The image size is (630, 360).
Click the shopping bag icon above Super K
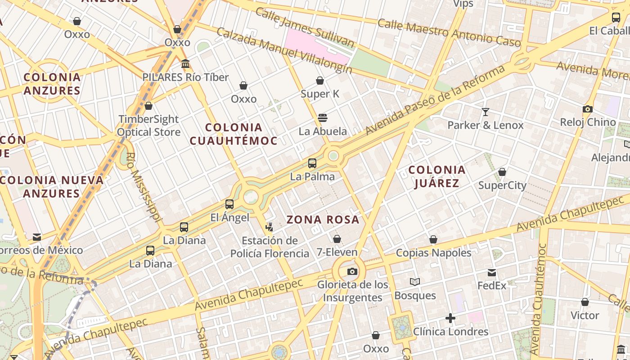(x=320, y=81)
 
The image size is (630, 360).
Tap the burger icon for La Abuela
(x=322, y=118)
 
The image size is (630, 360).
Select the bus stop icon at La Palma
(x=312, y=163)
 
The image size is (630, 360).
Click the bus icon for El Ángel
(x=229, y=204)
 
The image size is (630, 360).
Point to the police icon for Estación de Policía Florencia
(x=270, y=227)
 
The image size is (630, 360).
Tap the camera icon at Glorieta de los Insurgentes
(x=352, y=271)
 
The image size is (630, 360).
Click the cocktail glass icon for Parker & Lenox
(x=485, y=112)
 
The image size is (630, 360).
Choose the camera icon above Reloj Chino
(x=587, y=109)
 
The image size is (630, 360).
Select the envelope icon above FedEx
(x=492, y=273)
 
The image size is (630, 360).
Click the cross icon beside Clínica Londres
(x=450, y=318)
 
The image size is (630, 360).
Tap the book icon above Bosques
(x=415, y=282)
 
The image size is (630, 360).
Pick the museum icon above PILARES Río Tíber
(x=185, y=64)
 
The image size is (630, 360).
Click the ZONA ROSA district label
(x=323, y=220)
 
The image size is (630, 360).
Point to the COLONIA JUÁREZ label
(x=436, y=176)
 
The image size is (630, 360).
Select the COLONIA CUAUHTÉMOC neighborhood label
(x=233, y=134)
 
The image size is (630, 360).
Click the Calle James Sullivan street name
(x=304, y=27)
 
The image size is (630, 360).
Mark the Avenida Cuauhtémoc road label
(x=539, y=299)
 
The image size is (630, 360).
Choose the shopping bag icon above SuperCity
(x=502, y=172)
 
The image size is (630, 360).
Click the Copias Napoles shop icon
(x=433, y=239)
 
